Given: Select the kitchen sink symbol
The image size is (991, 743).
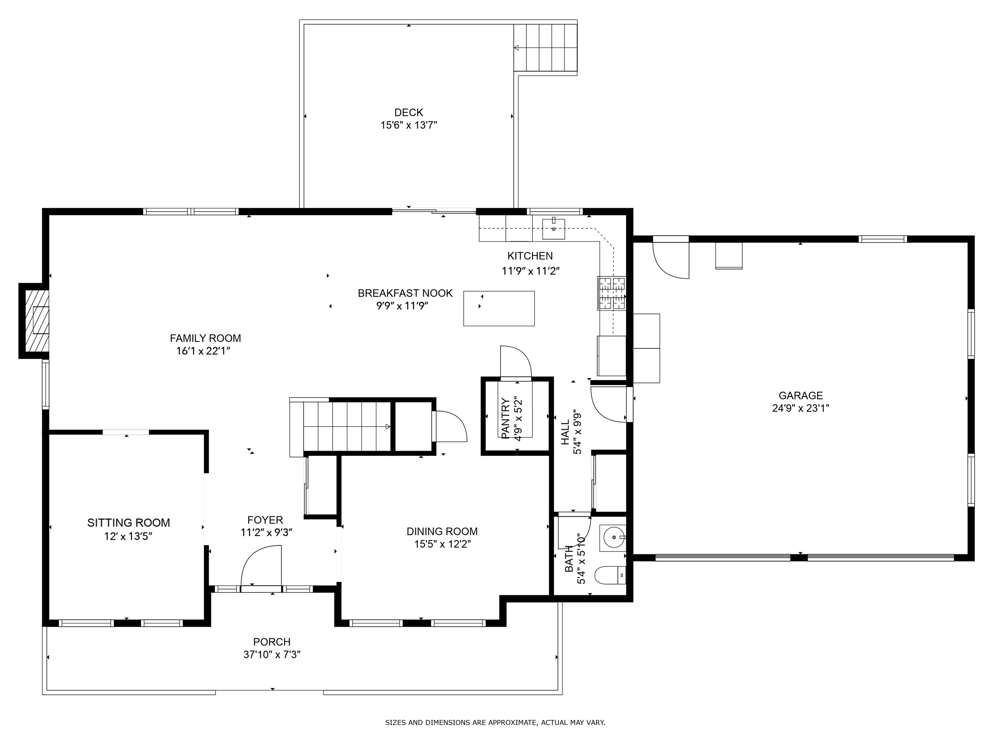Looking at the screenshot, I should click(x=554, y=229).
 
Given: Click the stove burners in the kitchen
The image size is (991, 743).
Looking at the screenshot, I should click(x=612, y=294).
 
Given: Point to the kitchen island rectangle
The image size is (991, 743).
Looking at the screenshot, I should click(x=499, y=309).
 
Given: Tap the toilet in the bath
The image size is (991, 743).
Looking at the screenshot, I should click(x=610, y=575).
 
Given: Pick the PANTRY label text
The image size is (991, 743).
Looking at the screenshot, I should click(x=506, y=418).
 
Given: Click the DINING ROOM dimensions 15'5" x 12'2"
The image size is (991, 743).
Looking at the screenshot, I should click(x=442, y=544).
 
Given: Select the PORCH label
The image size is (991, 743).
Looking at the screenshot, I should click(x=272, y=642).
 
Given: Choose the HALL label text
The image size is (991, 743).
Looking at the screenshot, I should click(x=566, y=432).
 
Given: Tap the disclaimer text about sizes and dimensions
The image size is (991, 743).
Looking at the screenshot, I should click(x=495, y=722).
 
